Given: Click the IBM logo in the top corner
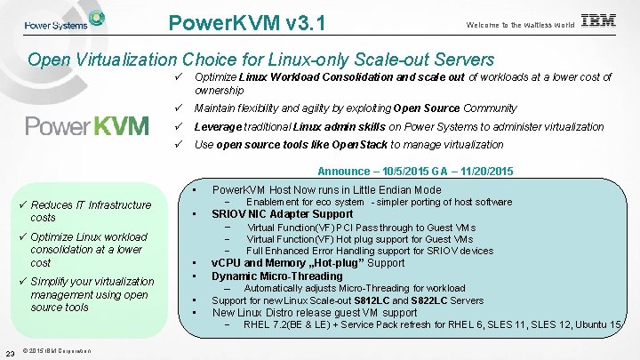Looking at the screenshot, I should coord(597,21).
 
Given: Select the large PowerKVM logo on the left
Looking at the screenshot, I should coord(87,125).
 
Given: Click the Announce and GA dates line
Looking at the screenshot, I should coord(414,172).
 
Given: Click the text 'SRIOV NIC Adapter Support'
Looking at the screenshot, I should coord(282,214).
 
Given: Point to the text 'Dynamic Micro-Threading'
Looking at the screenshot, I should coord(276,276).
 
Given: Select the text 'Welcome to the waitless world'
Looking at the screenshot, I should coord(519,25).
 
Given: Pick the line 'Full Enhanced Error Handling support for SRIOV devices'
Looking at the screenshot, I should coord(370,251).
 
